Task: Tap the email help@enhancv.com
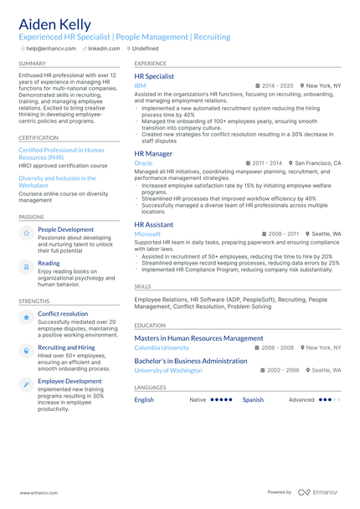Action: (x=49, y=49)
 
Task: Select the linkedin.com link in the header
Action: (x=104, y=49)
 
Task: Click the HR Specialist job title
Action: (x=154, y=76)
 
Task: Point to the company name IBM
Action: (x=140, y=85)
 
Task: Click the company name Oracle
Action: (x=144, y=162)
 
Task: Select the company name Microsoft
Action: (x=147, y=234)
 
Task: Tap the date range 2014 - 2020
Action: (x=277, y=85)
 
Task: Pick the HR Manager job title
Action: (x=153, y=153)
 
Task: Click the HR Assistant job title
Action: (x=154, y=224)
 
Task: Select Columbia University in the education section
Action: (x=162, y=347)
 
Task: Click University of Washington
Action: (x=168, y=369)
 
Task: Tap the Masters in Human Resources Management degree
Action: (x=198, y=338)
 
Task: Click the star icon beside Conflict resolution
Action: (x=27, y=317)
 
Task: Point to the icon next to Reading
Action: (x=27, y=265)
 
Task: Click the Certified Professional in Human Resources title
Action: (x=61, y=153)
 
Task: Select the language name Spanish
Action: (x=253, y=399)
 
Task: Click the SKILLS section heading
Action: (x=142, y=286)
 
